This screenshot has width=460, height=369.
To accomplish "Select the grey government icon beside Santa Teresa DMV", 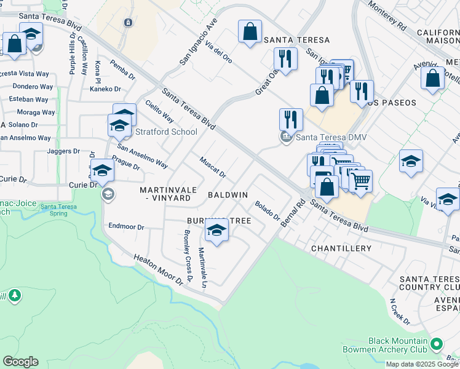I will (x=286, y=137).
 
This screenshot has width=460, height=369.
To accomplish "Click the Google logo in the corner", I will (x=20, y=362).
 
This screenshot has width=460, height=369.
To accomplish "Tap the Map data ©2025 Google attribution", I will (x=422, y=364).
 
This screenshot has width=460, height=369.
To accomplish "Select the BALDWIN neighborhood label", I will (x=228, y=195).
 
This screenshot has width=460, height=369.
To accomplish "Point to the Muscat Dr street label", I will (x=213, y=167).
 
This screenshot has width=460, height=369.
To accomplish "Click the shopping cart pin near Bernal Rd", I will (x=360, y=181).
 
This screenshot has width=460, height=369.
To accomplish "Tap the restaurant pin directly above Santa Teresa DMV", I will (x=291, y=119).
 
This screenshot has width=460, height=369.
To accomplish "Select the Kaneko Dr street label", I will (x=105, y=89).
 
